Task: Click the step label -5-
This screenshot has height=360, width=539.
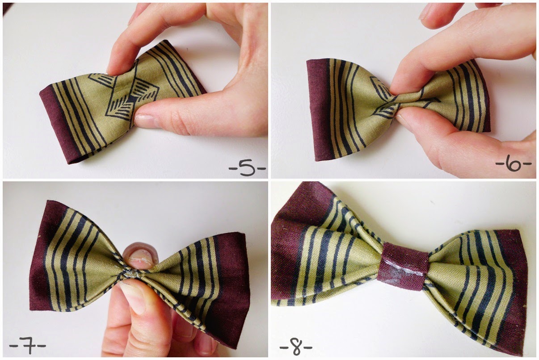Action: point(247,168)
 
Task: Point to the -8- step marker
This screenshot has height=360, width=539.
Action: point(295,347)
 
